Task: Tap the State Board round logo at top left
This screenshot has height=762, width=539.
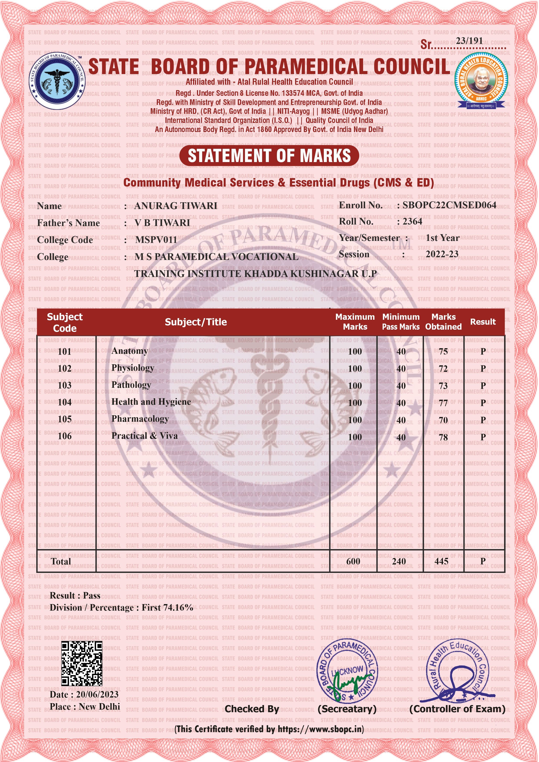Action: (57, 81)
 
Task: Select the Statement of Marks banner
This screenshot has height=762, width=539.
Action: (269, 156)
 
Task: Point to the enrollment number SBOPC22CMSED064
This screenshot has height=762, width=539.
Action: (449, 205)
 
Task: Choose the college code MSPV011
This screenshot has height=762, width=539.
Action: (156, 240)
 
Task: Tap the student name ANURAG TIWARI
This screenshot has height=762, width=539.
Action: (175, 206)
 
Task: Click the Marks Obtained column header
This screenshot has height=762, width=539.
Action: (443, 322)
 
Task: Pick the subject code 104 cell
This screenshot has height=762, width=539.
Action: (65, 402)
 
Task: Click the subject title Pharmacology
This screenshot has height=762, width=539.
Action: (140, 419)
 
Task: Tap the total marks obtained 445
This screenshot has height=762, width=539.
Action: (441, 561)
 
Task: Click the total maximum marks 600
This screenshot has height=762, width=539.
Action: (353, 561)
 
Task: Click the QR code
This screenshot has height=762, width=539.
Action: (82, 664)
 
